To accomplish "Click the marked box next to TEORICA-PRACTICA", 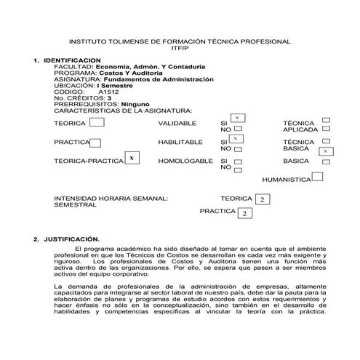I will pos(132,158).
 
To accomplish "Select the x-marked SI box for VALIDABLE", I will pos(237,118).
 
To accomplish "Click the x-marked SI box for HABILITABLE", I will pos(236,137).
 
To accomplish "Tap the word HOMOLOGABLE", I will pos(185,161).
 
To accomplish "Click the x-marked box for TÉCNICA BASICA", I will pos(326,151).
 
